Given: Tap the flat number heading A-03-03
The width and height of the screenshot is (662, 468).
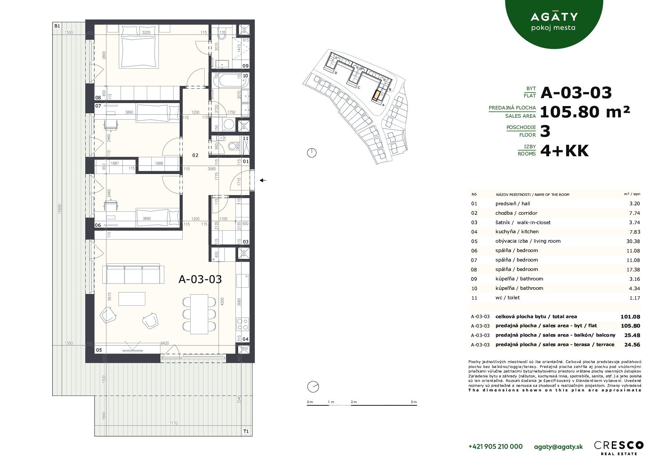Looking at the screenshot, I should [576, 92].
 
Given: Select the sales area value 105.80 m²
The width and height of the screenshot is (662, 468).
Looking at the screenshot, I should [585, 112].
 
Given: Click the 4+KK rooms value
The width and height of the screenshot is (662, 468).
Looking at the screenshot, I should [564, 151].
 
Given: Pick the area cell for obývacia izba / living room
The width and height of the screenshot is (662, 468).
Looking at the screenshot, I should [633, 241].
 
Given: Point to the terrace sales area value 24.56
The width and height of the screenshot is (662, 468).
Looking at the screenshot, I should [632, 345].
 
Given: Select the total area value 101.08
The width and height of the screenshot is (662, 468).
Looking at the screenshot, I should [630, 317].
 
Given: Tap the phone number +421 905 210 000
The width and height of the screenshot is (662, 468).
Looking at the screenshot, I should [495, 446].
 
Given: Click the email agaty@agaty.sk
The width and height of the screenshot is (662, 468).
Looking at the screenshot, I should [558, 446].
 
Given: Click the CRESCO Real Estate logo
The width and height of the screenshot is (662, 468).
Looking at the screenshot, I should [619, 447].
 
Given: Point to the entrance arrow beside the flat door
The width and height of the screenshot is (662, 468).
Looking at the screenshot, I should [263, 180].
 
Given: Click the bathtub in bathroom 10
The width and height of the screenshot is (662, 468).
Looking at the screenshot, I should [224, 80].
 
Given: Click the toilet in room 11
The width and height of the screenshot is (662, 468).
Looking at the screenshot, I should [234, 146].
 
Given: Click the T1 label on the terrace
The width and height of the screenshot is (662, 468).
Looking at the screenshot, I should [246, 431].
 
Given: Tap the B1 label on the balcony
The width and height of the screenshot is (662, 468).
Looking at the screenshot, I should [57, 26].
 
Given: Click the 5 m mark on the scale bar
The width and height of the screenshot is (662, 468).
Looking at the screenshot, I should [414, 402].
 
